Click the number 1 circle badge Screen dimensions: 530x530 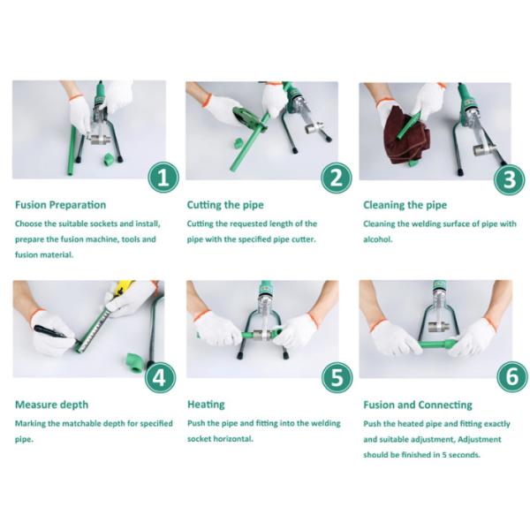[x=163, y=178]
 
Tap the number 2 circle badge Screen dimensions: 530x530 [x=337, y=178]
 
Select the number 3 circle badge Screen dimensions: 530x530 [x=510, y=179]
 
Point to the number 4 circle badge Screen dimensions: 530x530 [x=160, y=377]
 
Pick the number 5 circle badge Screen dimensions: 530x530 [x=337, y=377]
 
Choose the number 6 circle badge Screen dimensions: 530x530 [x=512, y=376]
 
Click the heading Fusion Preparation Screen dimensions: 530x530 [x=60, y=205]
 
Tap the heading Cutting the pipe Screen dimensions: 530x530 [x=225, y=205]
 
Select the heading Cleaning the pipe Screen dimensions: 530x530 [x=405, y=205]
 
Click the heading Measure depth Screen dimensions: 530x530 [x=52, y=405]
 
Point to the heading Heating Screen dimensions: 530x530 [x=206, y=405]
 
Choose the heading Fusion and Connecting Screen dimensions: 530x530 [x=418, y=405]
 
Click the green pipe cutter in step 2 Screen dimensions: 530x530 [x=246, y=117]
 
